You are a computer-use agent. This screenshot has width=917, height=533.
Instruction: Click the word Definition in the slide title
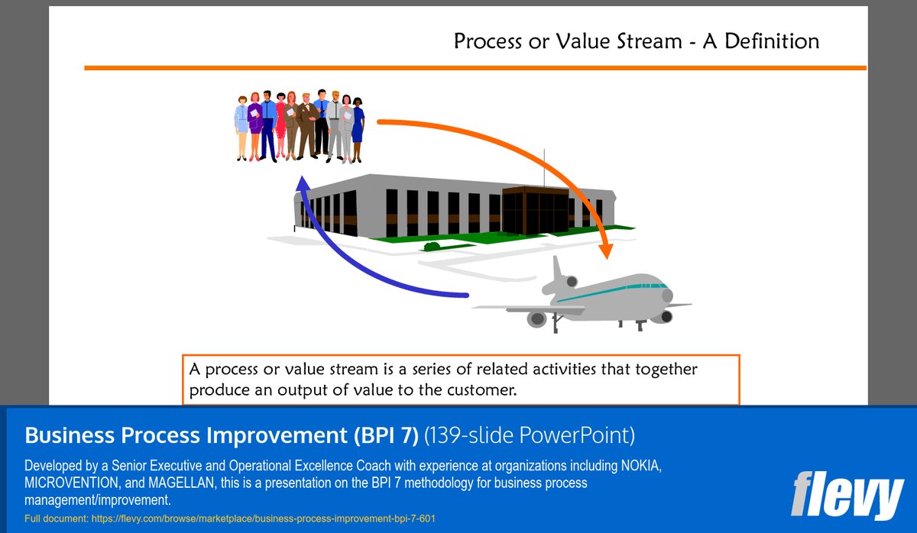772,40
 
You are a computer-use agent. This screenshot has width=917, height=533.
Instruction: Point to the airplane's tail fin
557,271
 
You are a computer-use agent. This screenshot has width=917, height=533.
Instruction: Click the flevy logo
847,496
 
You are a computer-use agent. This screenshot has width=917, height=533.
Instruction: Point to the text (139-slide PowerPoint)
530,435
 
